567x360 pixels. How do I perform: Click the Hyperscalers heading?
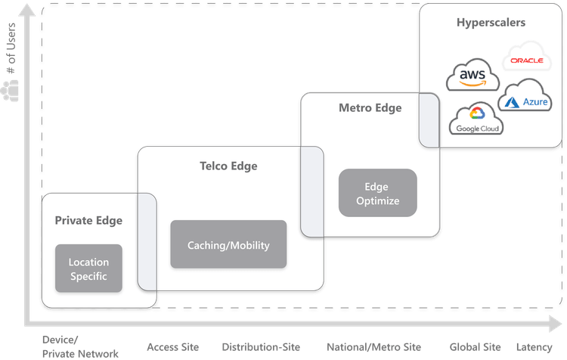[x=491, y=23]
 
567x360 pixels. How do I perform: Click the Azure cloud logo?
[x=524, y=97]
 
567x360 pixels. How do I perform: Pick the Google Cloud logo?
[x=476, y=120]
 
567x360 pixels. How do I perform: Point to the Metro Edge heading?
[x=370, y=108]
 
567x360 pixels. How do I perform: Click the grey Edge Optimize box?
[x=377, y=194]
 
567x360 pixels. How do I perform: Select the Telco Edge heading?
[x=228, y=166]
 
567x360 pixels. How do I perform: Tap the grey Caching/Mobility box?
[x=228, y=245]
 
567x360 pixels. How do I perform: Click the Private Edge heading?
[x=88, y=220]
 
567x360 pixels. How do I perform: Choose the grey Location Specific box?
[x=88, y=269]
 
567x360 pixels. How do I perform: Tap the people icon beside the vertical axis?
[x=11, y=92]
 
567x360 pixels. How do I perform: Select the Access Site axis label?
[x=172, y=347]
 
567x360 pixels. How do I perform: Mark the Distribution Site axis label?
[x=256, y=347]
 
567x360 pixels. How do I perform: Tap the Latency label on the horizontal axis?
[x=534, y=347]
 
